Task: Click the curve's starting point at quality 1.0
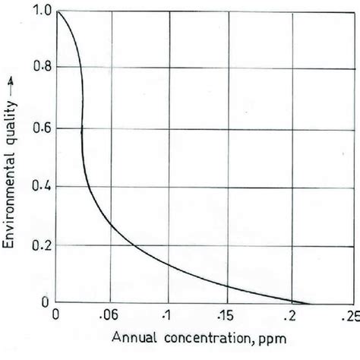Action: click(x=56, y=11)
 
